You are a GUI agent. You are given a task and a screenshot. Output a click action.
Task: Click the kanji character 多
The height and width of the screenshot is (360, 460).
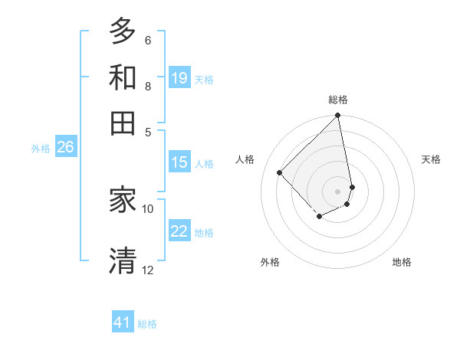(x=123, y=32)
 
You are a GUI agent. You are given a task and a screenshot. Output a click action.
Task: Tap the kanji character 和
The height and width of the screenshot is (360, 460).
(x=123, y=78)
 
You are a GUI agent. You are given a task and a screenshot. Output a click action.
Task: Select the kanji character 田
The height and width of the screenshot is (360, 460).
(x=123, y=123)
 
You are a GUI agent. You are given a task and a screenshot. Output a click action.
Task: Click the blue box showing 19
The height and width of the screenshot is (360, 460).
(x=179, y=78)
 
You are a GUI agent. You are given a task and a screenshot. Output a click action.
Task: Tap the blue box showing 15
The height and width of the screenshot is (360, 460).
(x=179, y=162)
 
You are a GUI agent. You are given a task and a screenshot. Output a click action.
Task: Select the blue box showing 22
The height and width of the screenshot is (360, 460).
(x=179, y=232)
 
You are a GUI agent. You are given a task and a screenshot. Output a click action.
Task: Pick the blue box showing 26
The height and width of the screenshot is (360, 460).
(x=65, y=148)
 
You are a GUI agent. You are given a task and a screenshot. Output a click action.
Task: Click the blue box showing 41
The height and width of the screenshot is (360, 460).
(x=123, y=322)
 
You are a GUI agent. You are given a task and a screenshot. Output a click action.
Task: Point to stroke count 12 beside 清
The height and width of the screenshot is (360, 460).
(x=148, y=270)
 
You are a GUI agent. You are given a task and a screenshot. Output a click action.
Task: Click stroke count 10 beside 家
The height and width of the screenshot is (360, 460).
(x=148, y=208)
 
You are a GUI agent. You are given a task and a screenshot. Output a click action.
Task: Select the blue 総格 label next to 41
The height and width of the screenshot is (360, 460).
(x=147, y=324)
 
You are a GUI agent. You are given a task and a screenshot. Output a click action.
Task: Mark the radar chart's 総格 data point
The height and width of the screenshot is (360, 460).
(x=338, y=116)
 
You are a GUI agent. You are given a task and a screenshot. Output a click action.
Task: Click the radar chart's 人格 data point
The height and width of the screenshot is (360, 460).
(x=280, y=172)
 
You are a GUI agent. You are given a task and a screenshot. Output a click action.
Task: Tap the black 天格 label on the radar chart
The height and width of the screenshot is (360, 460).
(x=432, y=159)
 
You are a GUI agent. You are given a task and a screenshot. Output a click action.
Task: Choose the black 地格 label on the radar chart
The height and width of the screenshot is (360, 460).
(x=402, y=262)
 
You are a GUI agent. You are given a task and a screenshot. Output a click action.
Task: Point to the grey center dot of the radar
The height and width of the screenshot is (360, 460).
(x=338, y=191)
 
